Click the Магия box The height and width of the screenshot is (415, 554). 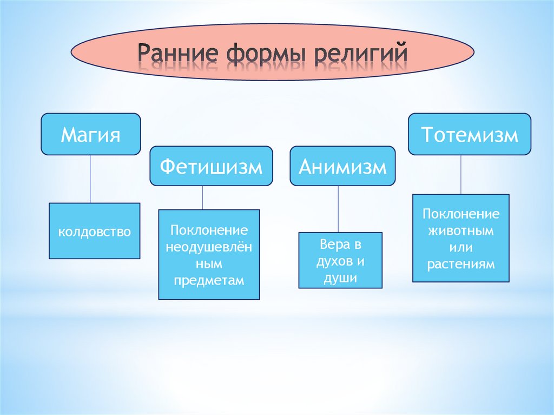point(90,134)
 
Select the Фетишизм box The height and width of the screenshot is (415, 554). point(211,167)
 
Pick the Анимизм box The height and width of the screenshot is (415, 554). point(343,167)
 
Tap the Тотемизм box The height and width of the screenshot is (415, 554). point(469,134)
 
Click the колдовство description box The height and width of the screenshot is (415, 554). point(95,232)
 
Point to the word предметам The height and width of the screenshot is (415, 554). point(209,281)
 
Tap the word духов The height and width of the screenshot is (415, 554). point(329,261)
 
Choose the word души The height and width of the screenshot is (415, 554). point(340,278)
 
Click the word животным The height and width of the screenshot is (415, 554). point(461,230)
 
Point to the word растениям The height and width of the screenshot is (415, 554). point(461,265)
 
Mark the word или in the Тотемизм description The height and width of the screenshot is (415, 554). point(461,248)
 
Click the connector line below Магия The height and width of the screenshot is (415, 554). point(90,179)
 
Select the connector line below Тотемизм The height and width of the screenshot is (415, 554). point(461,174)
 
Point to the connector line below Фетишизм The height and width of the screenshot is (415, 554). point(203,197)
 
